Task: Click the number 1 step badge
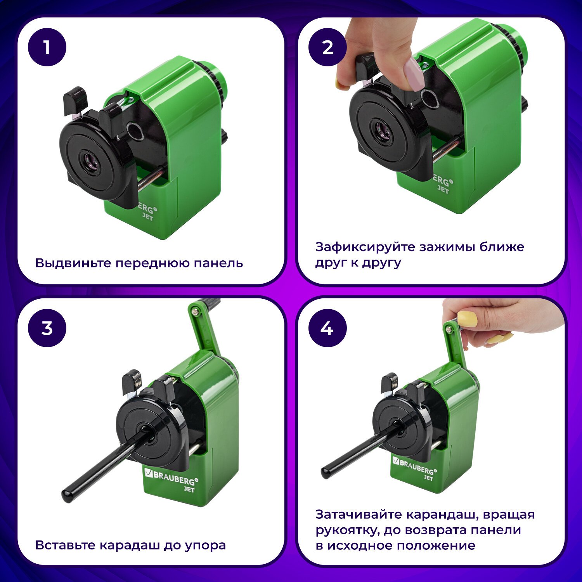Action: (47, 47)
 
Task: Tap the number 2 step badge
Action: (327, 47)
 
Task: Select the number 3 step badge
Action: (47, 328)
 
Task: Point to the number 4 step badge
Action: (327, 328)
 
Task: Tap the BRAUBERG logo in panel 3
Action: (171, 477)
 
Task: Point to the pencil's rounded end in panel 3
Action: (67, 496)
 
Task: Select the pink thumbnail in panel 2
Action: (413, 74)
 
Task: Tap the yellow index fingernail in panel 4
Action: (468, 319)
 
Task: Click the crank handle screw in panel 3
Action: (196, 310)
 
